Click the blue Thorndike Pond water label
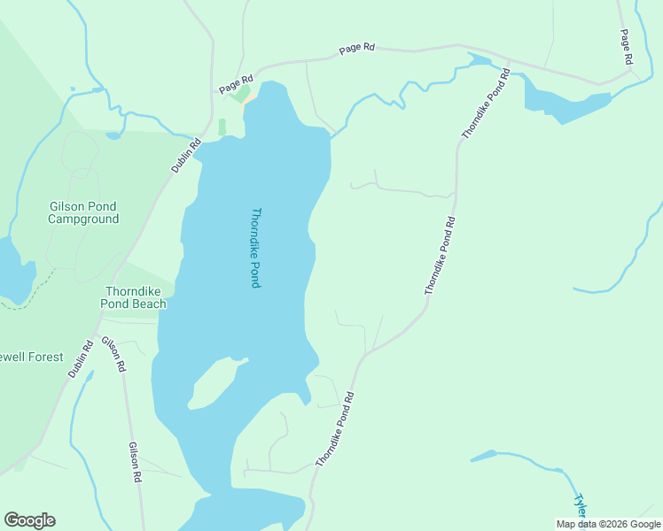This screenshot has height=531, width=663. click(255, 248)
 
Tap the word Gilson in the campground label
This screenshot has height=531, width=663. click(69, 207)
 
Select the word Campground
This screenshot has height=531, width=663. click(83, 219)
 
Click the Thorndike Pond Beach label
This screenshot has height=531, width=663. click(136, 297)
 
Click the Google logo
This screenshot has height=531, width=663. click(29, 520)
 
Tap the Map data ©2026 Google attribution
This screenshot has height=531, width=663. click(609, 524)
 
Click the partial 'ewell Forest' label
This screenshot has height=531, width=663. click(32, 357)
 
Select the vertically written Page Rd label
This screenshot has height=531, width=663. click(626, 46)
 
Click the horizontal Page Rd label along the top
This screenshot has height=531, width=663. click(356, 50)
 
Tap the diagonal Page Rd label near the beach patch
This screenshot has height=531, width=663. click(236, 84)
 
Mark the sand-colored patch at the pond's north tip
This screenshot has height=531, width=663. click(251, 98)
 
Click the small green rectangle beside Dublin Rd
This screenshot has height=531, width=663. click(222, 127)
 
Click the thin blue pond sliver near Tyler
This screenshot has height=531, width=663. click(483, 456)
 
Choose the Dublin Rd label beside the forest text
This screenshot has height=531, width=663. click(81, 360)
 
